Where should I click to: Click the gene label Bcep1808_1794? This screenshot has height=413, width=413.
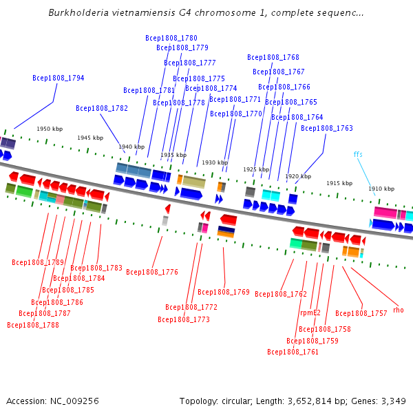(x=59, y=78)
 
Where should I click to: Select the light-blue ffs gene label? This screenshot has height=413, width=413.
(x=358, y=154)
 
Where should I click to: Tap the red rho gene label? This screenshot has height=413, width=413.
(x=399, y=310)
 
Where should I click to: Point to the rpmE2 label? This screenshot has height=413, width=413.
(x=310, y=313)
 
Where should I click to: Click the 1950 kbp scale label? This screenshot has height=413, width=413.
(x=50, y=129)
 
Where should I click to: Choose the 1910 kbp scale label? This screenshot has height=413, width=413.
(x=381, y=189)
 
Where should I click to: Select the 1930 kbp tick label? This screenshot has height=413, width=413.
(x=215, y=162)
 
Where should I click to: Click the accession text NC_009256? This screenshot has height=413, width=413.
(x=74, y=401)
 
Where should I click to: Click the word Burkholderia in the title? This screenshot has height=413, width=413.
(x=78, y=12)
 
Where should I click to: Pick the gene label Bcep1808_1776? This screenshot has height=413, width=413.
(x=152, y=272)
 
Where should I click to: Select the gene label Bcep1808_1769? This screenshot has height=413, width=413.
(x=223, y=292)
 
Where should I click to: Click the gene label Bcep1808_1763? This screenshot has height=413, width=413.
(x=326, y=128)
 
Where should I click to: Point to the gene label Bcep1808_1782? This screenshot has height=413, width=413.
(x=102, y=108)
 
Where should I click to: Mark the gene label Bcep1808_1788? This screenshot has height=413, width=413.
(x=33, y=325)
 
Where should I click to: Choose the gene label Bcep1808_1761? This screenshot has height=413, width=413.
(x=293, y=352)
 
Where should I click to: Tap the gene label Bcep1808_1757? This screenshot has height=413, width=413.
(x=361, y=313)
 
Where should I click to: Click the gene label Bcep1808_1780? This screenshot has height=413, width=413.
(x=171, y=38)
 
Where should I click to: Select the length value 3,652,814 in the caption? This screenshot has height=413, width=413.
(x=310, y=401)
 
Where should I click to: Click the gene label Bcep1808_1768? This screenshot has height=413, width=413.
(x=273, y=57)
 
